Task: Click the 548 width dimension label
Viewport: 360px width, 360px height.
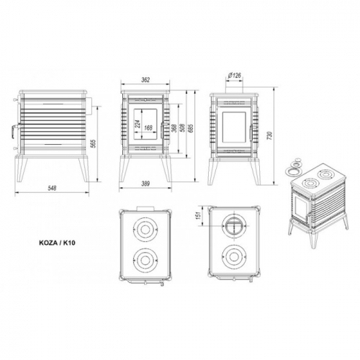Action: [52, 188]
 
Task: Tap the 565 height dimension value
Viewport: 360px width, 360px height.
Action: [94, 143]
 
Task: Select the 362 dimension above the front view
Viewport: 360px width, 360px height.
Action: [145, 80]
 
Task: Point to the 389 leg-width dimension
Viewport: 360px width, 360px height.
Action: [145, 184]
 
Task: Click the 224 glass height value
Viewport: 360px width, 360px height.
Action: [138, 125]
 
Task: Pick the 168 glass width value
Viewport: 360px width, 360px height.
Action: [148, 127]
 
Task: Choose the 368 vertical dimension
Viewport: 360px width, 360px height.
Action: [174, 128]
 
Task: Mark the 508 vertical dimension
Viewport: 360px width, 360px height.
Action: [182, 128]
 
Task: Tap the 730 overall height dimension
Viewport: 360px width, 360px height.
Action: [271, 136]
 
